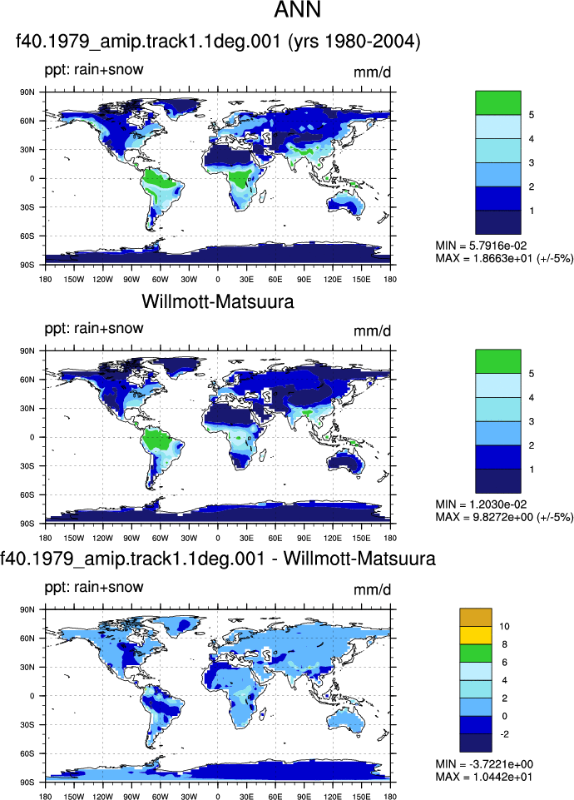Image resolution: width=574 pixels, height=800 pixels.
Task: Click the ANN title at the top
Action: [298, 10]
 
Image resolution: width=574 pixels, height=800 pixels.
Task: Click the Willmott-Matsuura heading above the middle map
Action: [218, 301]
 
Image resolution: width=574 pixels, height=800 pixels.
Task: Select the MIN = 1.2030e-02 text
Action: [481, 504]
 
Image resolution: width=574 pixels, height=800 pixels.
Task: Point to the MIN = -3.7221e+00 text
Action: [484, 764]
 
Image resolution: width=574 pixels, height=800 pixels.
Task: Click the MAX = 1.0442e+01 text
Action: [484, 777]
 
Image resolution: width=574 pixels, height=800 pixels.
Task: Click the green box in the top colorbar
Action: [498, 102]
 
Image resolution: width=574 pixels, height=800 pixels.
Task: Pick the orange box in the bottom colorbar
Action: [476, 618]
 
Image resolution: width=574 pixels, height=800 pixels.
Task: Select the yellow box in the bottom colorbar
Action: [476, 635]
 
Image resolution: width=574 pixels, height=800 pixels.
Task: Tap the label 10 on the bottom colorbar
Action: [504, 627]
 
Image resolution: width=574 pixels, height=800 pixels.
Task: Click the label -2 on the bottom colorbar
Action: [503, 734]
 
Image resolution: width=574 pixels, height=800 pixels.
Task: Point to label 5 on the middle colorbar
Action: [532, 374]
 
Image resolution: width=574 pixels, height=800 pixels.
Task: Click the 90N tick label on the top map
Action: [27, 92]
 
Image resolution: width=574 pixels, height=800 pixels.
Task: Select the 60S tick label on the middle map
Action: [27, 494]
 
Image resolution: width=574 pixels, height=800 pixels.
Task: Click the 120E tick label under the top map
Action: [333, 280]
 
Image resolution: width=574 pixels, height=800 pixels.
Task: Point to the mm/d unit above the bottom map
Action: [373, 589]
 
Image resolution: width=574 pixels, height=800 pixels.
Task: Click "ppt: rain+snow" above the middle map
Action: [94, 328]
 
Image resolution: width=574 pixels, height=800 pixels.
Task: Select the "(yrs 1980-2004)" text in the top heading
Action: [354, 42]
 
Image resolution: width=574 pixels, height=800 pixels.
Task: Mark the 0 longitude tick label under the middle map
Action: [218, 539]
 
